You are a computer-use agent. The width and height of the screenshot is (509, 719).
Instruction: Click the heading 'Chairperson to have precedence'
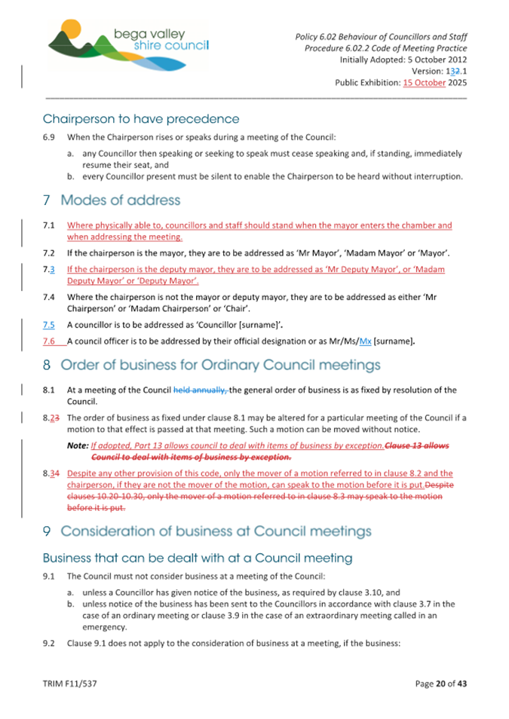point(141,119)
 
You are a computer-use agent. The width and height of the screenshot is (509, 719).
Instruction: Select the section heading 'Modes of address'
point(121,200)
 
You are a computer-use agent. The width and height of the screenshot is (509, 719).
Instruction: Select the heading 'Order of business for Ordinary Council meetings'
point(222,366)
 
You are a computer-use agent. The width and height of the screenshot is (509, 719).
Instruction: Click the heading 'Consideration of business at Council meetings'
point(216,531)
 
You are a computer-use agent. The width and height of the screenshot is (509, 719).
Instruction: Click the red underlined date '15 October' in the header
point(425,83)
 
